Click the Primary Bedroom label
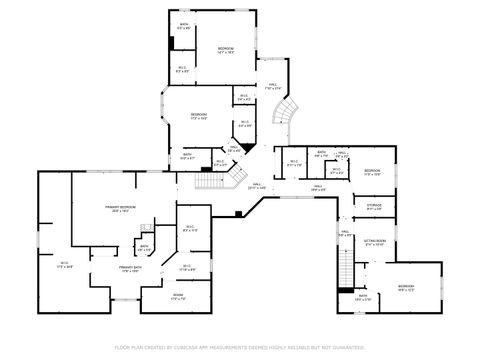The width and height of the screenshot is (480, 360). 121,209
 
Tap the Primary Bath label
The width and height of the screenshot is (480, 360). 130,269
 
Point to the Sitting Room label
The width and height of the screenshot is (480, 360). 374,242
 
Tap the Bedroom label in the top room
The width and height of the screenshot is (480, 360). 227,49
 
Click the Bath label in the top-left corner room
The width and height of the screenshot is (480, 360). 183,26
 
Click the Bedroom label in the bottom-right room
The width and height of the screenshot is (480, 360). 405,288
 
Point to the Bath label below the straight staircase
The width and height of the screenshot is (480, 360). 362,297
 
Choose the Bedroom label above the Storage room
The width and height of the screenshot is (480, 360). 372,171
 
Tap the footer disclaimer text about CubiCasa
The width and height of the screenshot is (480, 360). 240,347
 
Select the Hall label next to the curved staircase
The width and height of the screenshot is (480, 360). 272,88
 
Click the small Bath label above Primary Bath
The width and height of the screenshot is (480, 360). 144,248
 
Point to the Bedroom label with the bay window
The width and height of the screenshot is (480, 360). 199,116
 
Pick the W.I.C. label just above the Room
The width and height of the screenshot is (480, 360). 186,266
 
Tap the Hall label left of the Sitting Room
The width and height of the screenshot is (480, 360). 343,235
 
